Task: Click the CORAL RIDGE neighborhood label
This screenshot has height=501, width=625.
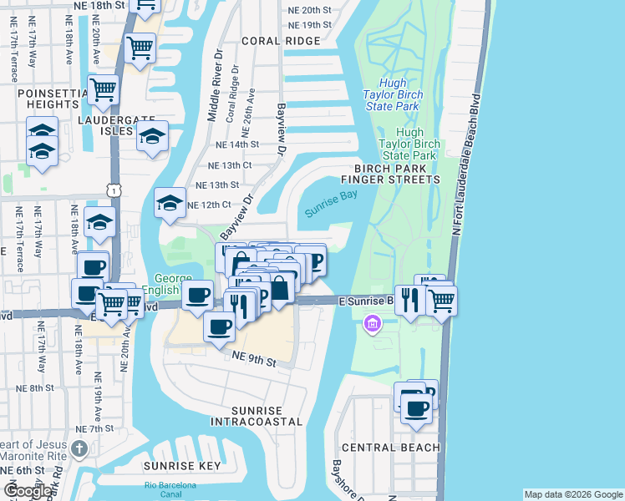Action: coord(281,41)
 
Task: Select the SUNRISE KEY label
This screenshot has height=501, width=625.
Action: coord(181,466)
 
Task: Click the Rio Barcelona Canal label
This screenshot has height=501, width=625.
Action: coord(170,489)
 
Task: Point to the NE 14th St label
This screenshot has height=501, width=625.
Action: coord(233,144)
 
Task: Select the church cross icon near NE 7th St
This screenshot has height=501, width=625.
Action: coord(79,449)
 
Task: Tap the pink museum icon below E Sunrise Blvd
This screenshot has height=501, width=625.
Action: coord(373,322)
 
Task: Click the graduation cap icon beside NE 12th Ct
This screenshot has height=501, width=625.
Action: coord(170,202)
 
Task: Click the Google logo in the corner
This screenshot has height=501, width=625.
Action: coord(28,491)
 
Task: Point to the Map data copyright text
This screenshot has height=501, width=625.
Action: coord(572,494)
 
